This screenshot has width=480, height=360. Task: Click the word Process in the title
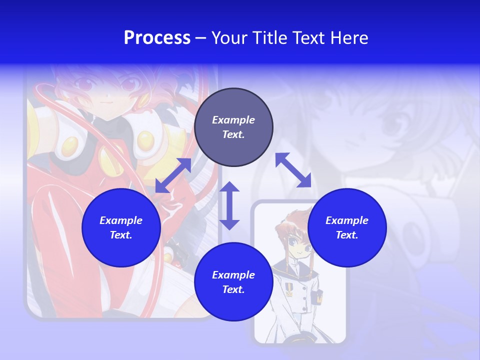[x=157, y=38]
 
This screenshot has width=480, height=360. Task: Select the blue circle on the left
[x=121, y=227]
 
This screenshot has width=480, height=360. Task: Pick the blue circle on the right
[x=347, y=227]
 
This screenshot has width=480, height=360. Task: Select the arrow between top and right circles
[x=293, y=170]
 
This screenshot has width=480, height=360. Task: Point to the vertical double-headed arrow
[x=229, y=205]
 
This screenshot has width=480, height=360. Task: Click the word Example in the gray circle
[x=233, y=120]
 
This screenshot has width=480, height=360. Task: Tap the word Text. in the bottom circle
[x=233, y=289]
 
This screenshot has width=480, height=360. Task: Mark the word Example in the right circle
[x=347, y=220]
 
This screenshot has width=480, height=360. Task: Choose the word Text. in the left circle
[x=121, y=235]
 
